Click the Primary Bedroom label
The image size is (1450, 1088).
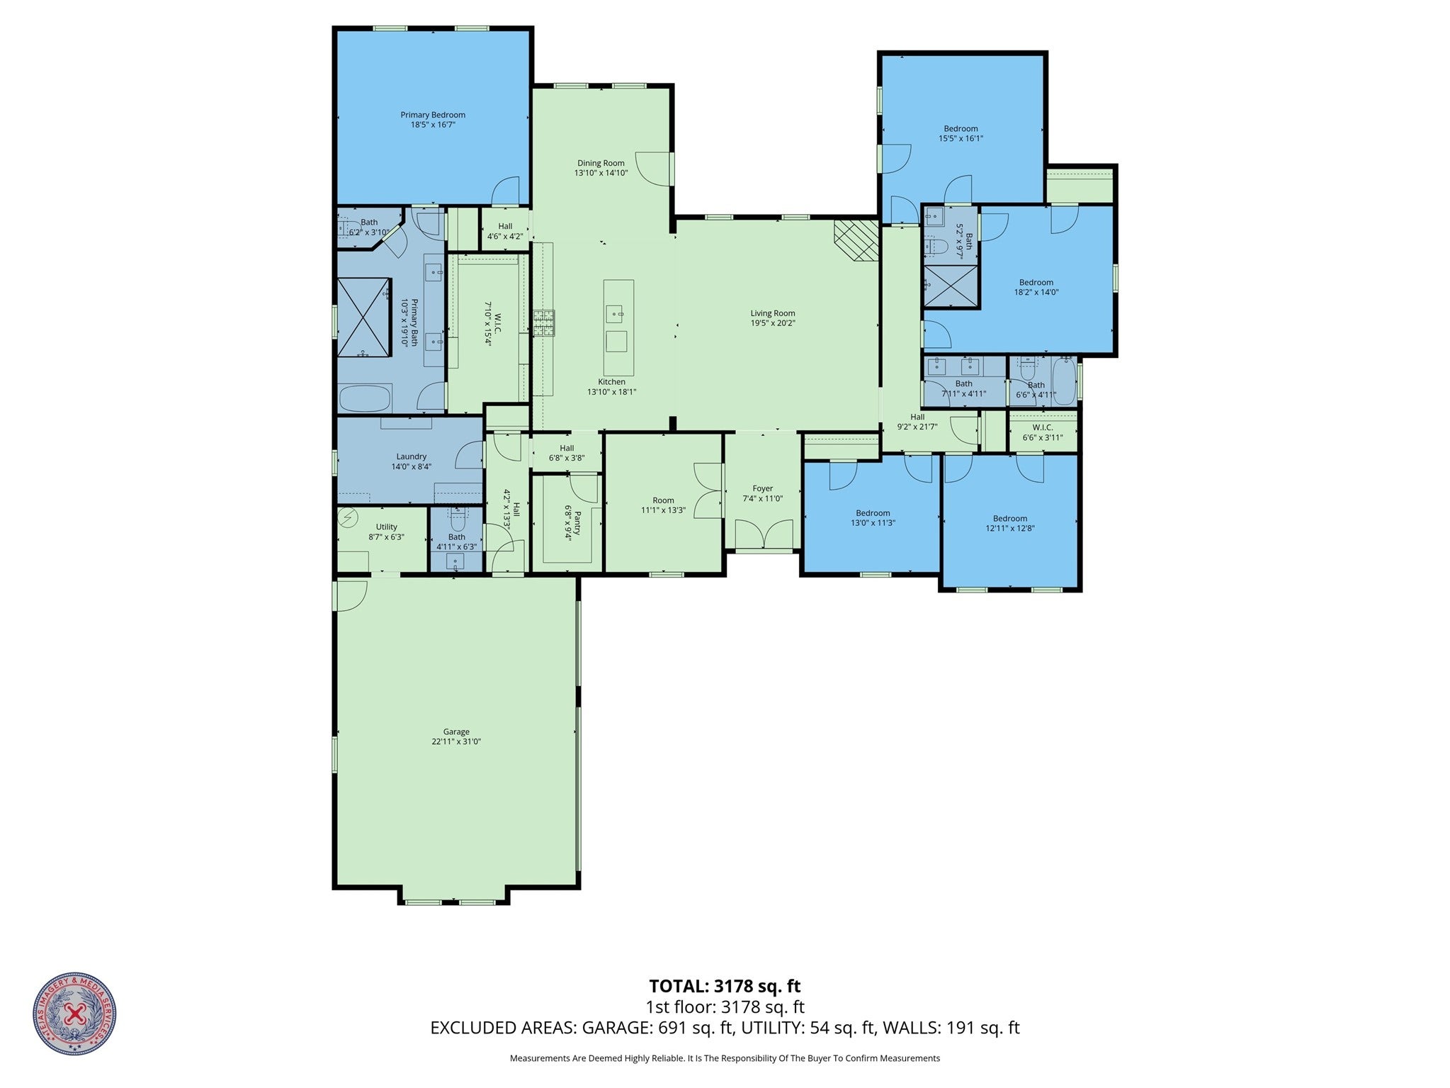432,116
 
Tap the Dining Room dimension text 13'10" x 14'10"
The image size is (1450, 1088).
601,173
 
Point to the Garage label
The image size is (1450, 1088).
456,732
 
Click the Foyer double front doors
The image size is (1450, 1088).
764,534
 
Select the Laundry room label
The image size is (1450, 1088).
411,457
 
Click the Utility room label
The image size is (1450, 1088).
386,527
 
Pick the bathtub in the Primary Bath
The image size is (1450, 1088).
365,398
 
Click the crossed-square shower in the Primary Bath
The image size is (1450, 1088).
363,318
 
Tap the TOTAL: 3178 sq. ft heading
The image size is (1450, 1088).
725,986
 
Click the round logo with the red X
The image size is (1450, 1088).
74,1014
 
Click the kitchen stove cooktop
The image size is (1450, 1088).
544,323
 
